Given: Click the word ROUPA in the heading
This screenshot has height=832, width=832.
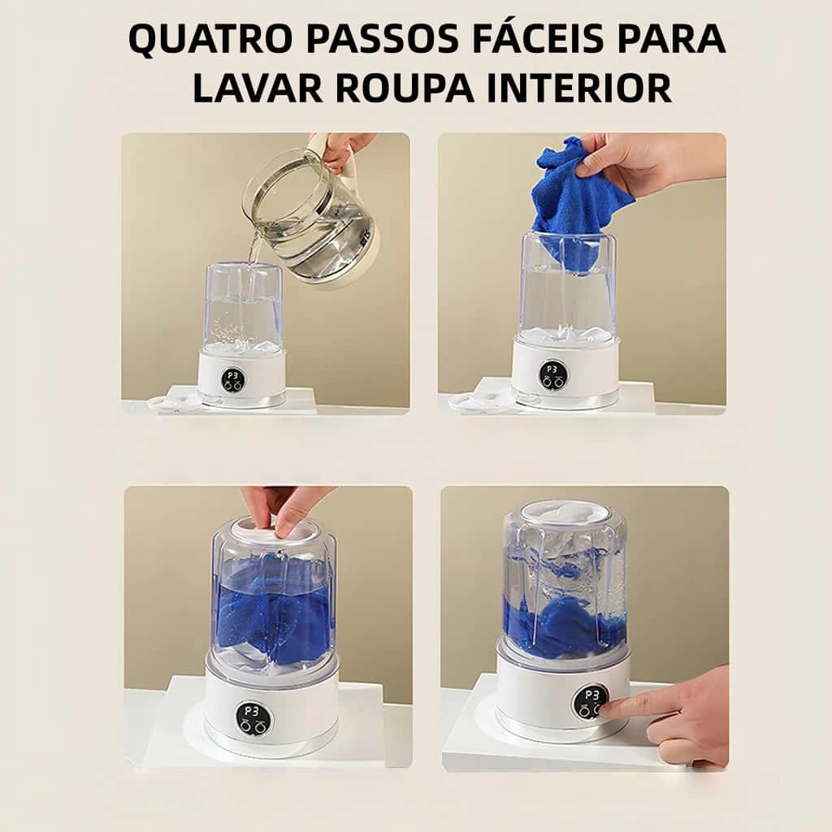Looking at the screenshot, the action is (x=405, y=88).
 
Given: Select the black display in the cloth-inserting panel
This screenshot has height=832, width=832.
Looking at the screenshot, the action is (x=552, y=375).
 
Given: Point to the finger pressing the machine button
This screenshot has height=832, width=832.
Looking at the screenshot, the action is (x=626, y=706).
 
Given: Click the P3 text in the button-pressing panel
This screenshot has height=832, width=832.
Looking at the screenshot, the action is (x=591, y=695).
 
